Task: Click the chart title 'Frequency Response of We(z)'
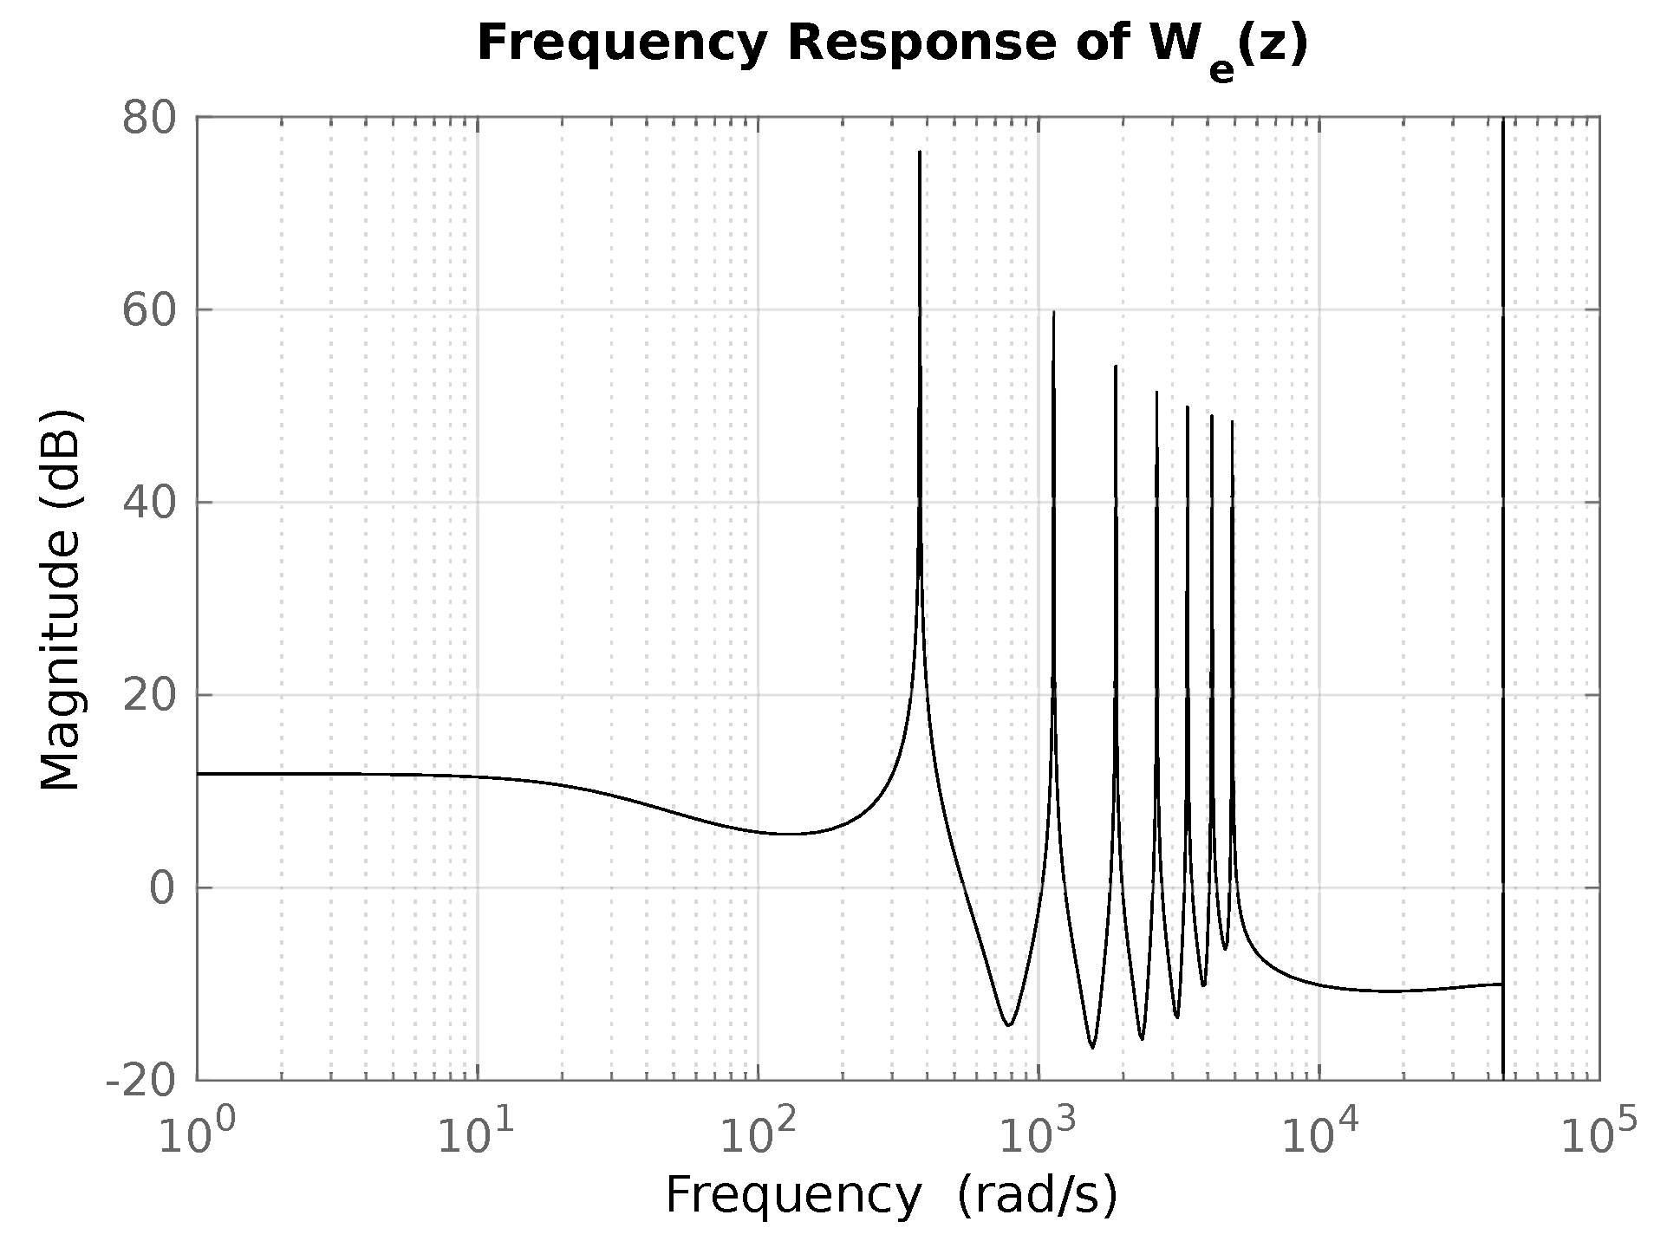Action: pyautogui.click(x=891, y=45)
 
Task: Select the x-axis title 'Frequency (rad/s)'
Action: pyautogui.click(x=891, y=1196)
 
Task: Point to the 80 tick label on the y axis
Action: pyautogui.click(x=148, y=118)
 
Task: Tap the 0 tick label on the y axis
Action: pyautogui.click(x=162, y=888)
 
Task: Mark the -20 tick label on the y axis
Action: pyautogui.click(x=140, y=1081)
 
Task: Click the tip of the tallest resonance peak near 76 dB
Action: pyautogui.click(x=920, y=153)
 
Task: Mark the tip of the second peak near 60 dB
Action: pyautogui.click(x=1053, y=312)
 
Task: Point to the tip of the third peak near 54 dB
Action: pyautogui.click(x=1116, y=367)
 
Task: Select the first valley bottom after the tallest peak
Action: pyautogui.click(x=1008, y=1025)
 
